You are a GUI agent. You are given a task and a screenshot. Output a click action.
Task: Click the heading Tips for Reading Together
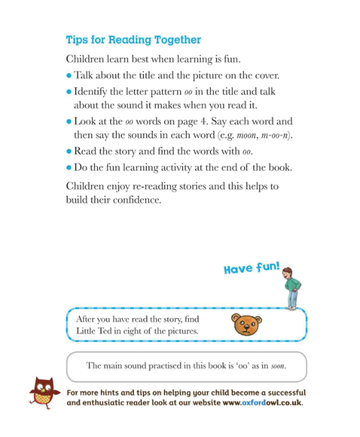tap(133, 40)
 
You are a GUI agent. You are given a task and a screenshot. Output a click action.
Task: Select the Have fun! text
tap(251, 268)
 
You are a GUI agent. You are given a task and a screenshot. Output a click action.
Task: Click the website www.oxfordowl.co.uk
tap(262, 402)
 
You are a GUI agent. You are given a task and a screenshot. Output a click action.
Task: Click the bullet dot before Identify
tap(69, 92)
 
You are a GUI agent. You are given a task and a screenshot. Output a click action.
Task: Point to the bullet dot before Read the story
tap(69, 151)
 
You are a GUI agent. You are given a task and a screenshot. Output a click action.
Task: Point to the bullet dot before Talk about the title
tap(69, 75)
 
